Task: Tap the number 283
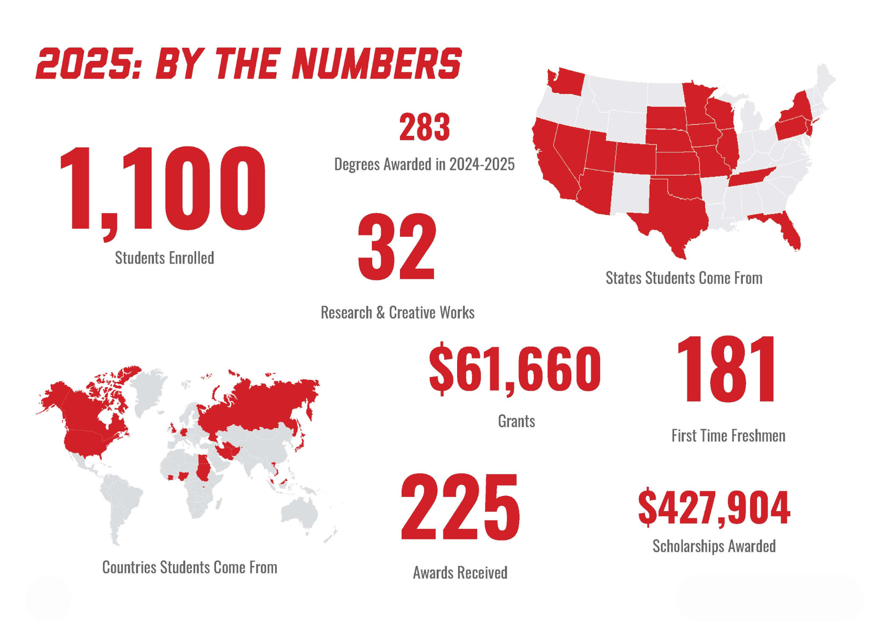coord(424,127)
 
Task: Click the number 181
coord(727,370)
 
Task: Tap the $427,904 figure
coord(714,507)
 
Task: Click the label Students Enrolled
coord(165,258)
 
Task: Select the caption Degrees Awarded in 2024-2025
coord(424,165)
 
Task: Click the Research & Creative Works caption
coord(397,313)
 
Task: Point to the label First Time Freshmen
coord(728,436)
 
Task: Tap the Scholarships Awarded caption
coord(714,546)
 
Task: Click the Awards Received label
coord(460,572)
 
